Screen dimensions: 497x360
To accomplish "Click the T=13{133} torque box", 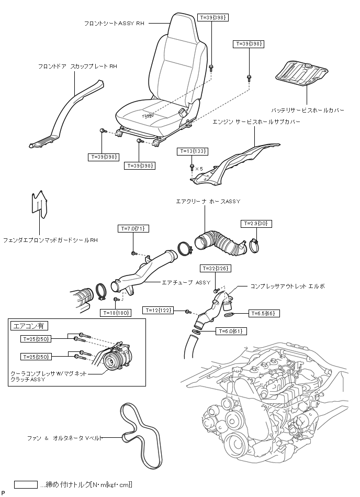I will point(194,151).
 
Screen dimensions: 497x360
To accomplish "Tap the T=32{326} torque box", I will point(215,268).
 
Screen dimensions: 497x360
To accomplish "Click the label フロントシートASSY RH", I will point(114,23).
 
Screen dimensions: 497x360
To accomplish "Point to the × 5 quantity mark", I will point(199,169).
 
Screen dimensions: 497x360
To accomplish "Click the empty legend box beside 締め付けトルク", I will point(26,485).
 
